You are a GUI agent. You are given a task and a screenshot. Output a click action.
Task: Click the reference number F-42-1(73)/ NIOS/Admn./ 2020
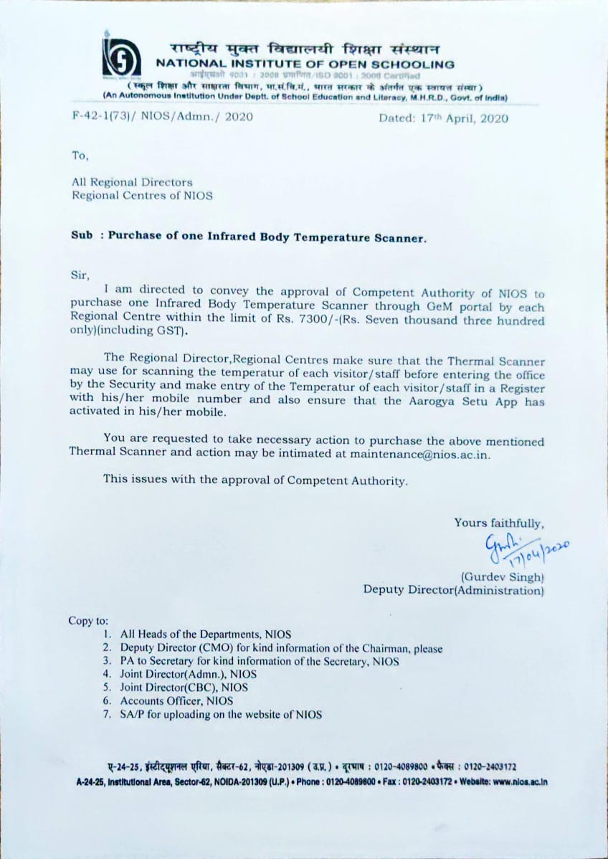(x=162, y=118)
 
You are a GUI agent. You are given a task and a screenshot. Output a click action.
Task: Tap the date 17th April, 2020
(x=444, y=118)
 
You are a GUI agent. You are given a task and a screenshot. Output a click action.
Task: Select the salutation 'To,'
(x=80, y=154)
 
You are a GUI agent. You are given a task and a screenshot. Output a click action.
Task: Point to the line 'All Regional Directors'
(x=132, y=182)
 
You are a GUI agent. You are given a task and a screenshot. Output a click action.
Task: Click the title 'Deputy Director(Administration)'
(x=453, y=590)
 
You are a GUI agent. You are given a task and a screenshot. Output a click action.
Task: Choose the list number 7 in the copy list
(x=106, y=714)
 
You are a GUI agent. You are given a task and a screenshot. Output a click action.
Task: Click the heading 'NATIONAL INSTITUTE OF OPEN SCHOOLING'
(x=305, y=64)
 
